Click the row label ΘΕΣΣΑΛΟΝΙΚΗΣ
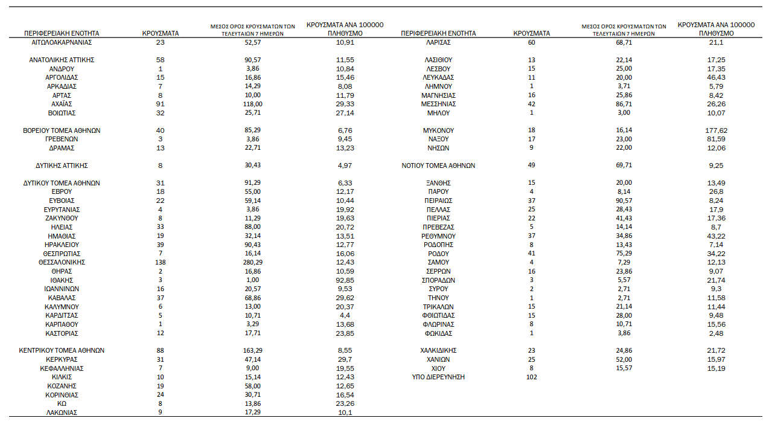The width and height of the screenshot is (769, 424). click(x=62, y=262)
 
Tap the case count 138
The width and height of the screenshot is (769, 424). click(x=161, y=262)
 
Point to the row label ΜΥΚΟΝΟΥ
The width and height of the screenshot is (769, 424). click(x=438, y=130)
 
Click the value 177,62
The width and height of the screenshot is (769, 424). click(x=716, y=130)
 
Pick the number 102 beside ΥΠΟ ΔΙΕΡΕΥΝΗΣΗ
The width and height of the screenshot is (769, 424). click(x=531, y=377)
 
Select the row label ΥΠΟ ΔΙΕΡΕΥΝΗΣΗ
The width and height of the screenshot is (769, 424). click(x=438, y=377)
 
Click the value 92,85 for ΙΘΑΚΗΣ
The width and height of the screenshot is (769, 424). click(x=345, y=280)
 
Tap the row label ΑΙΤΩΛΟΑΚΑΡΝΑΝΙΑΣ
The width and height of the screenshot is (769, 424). click(x=62, y=42)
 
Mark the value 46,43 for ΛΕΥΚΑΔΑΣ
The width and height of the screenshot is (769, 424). click(x=716, y=77)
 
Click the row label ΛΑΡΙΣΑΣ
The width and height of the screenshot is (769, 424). click(x=438, y=42)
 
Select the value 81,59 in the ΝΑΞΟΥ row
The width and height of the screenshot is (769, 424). click(x=716, y=139)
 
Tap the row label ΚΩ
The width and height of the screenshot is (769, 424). click(x=62, y=403)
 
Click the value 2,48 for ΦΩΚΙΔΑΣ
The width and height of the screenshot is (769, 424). click(x=716, y=333)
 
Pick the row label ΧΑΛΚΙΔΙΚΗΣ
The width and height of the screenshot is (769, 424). click(x=438, y=350)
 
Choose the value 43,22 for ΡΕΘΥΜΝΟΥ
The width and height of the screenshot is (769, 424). click(x=716, y=236)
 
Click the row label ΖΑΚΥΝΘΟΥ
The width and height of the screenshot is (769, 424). click(x=62, y=218)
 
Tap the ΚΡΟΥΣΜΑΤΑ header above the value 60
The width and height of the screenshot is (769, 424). click(x=531, y=33)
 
